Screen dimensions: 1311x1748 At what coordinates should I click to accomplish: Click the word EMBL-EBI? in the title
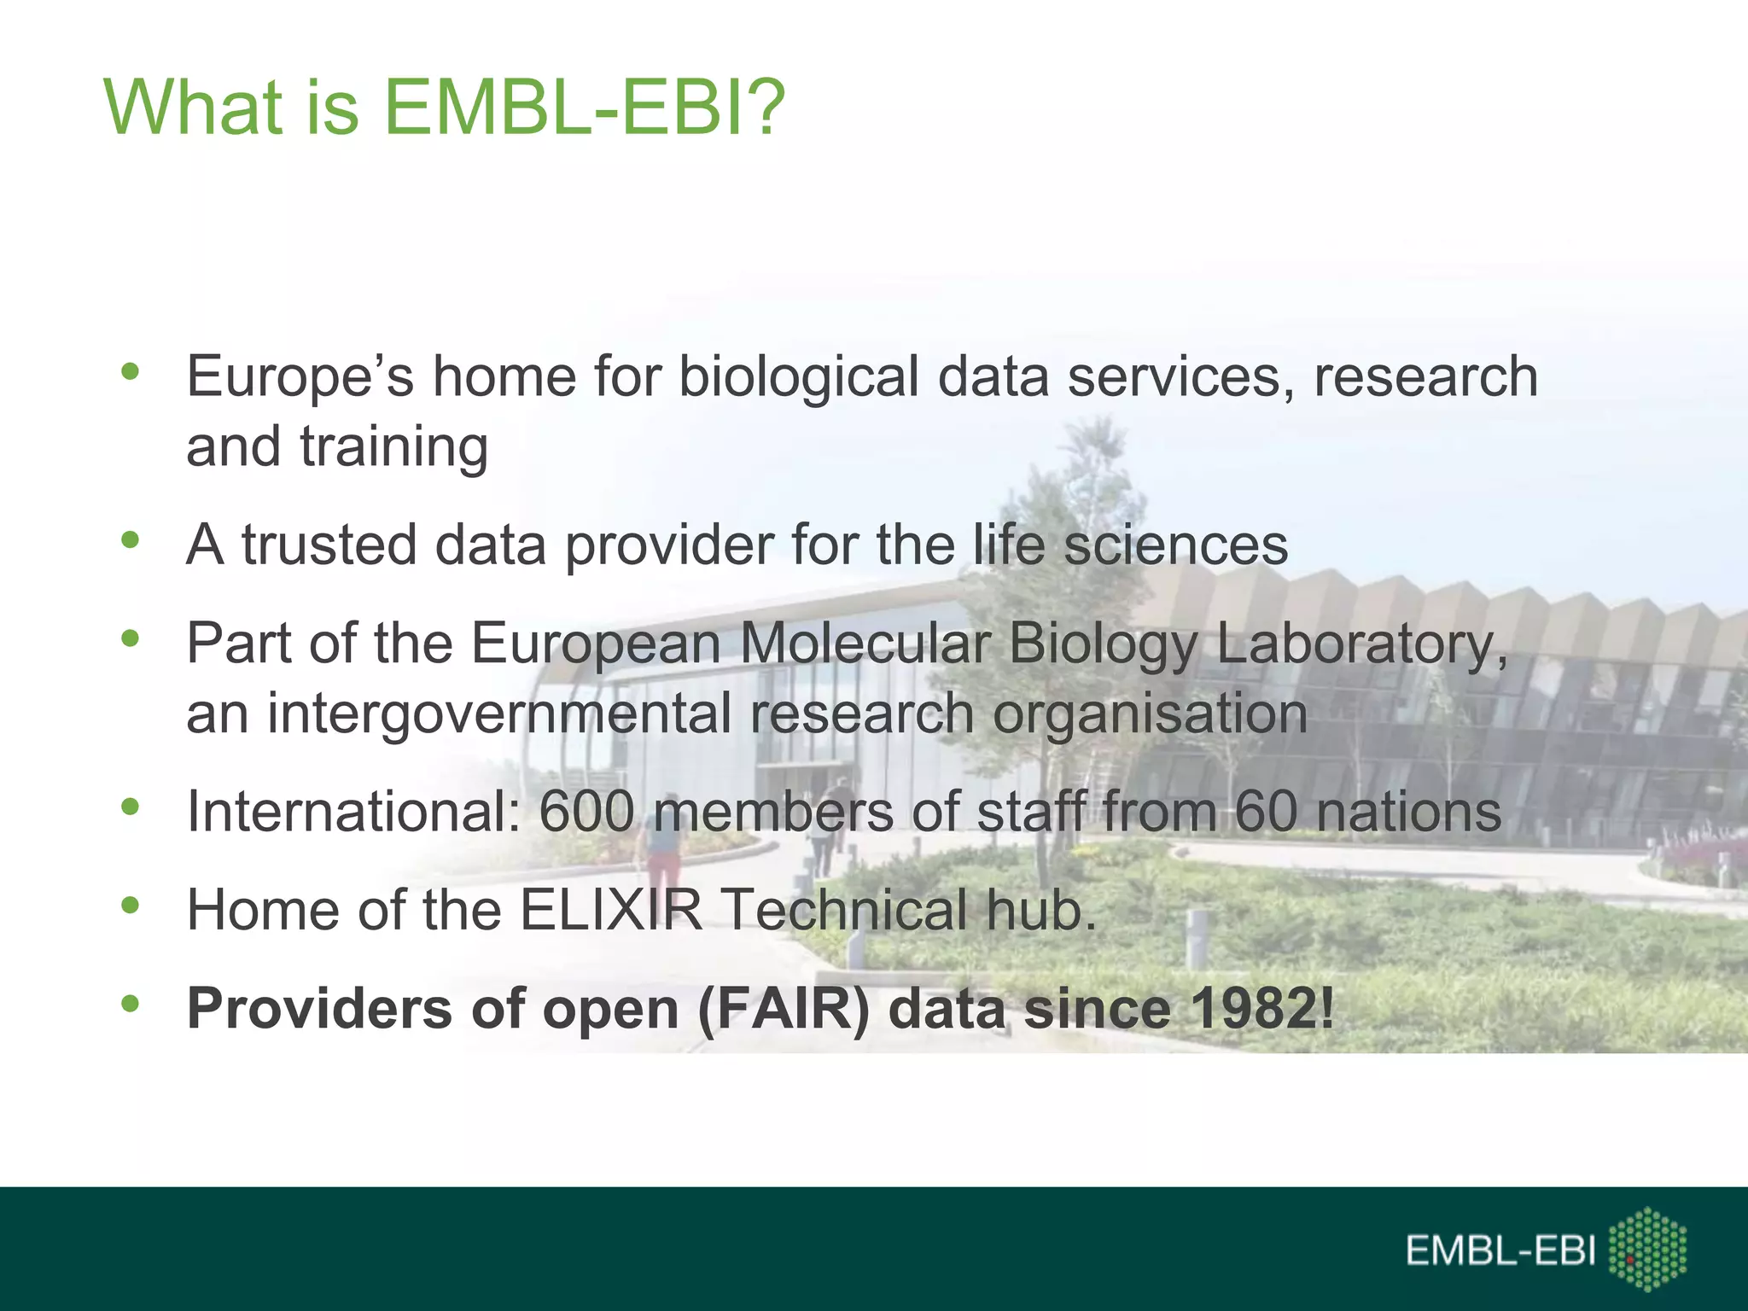point(583,108)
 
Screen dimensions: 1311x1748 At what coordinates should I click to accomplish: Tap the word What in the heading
point(193,108)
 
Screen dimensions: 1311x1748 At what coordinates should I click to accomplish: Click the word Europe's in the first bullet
point(300,376)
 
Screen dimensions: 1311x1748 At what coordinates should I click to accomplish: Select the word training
point(393,447)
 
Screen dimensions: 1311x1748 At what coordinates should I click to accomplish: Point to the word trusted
point(329,545)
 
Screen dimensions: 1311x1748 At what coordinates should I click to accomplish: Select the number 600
point(587,812)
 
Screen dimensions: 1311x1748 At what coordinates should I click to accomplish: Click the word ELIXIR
point(610,910)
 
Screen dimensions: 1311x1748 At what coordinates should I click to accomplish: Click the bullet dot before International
point(130,807)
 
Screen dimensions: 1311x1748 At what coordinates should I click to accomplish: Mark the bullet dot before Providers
point(130,1004)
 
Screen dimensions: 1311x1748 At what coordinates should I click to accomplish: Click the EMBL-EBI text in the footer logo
point(1500,1251)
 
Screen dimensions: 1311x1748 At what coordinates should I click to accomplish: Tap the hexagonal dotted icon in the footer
point(1647,1248)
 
